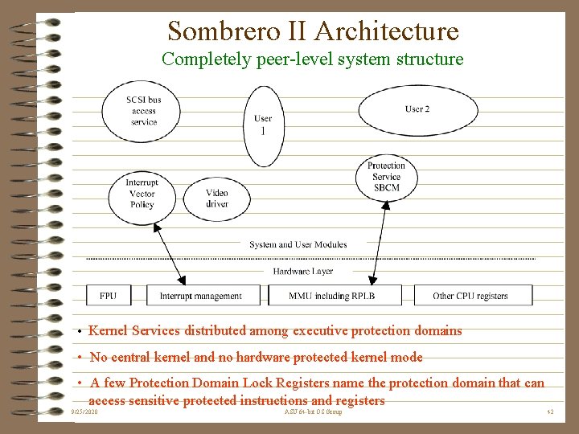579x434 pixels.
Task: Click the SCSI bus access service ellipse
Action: [x=142, y=111]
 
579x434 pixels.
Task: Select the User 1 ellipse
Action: [x=263, y=125]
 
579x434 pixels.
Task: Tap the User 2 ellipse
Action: [x=417, y=109]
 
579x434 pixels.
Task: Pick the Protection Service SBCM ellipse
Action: [x=386, y=177]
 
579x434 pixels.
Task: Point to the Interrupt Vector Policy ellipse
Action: [x=142, y=194]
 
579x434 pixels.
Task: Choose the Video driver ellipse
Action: [x=216, y=199]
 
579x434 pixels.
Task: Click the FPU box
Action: [x=108, y=296]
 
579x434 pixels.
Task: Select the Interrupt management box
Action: [x=200, y=296]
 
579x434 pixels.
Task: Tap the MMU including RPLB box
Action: [x=332, y=296]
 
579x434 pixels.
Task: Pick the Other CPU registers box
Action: [x=470, y=296]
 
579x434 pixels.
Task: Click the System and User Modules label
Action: [x=298, y=244]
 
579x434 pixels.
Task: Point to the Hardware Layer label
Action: [x=303, y=272]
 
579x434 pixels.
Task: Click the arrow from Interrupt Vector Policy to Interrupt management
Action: [x=170, y=255]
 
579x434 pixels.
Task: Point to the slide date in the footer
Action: [x=84, y=411]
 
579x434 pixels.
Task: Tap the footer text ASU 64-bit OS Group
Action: [x=313, y=411]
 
